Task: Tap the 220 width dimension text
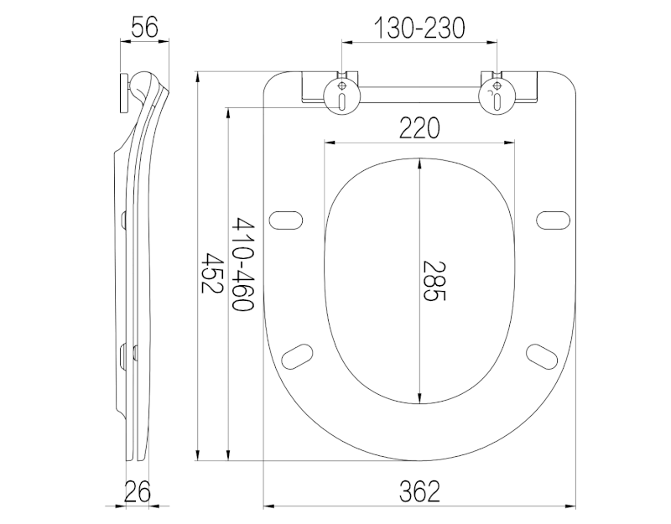pos(419,128)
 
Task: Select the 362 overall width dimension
pos(419,490)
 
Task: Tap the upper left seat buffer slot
pos(287,219)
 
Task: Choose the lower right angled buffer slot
pos(541,355)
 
